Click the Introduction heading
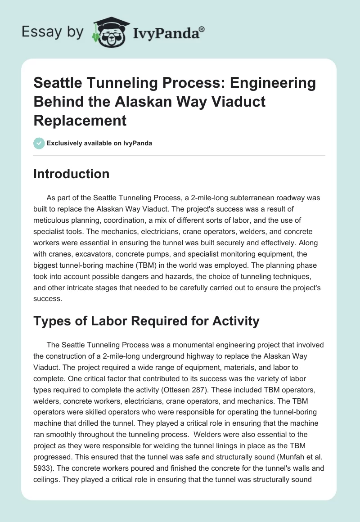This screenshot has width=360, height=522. [71, 174]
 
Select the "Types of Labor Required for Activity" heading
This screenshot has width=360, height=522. [146, 321]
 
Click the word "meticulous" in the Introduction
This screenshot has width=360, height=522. [54, 220]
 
